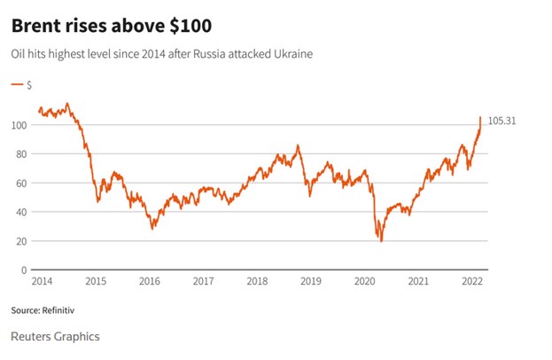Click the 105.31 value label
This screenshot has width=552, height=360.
[x=501, y=121]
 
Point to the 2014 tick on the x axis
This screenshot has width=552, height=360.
[x=41, y=281]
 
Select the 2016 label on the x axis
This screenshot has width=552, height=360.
[x=149, y=281]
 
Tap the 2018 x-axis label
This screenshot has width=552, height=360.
[x=257, y=281]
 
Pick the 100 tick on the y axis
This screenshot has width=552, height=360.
[x=19, y=125]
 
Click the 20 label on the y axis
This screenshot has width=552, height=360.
[x=21, y=241]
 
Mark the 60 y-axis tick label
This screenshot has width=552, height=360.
[x=21, y=184]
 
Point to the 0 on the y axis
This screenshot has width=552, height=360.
[x=24, y=270]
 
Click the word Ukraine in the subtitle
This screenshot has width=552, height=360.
[x=290, y=55]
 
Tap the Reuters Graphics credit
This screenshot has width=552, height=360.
[x=55, y=337]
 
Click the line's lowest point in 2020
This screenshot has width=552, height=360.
[x=381, y=241]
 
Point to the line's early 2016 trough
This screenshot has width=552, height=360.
[x=152, y=229]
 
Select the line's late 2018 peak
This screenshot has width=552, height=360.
[x=298, y=145]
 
